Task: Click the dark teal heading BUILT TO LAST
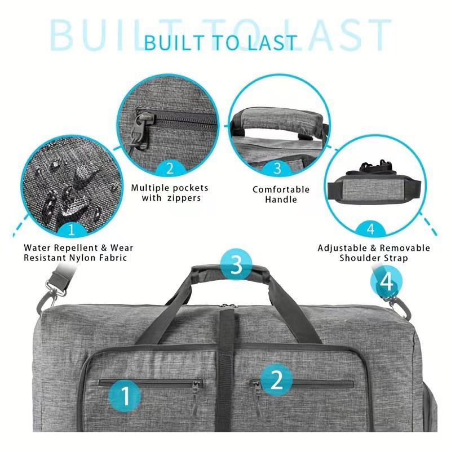tap(220, 42)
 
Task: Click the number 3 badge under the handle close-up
tap(277, 168)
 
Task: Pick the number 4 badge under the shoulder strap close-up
tap(370, 229)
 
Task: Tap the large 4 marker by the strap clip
tap(386, 282)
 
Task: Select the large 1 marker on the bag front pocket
tap(126, 395)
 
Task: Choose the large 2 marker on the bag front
tap(276, 379)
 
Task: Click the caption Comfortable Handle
tap(281, 194)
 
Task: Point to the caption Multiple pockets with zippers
tap(170, 193)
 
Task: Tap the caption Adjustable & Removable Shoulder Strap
tap(374, 253)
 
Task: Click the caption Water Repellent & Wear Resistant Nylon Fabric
tap(78, 253)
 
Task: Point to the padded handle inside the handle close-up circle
tap(278, 122)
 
